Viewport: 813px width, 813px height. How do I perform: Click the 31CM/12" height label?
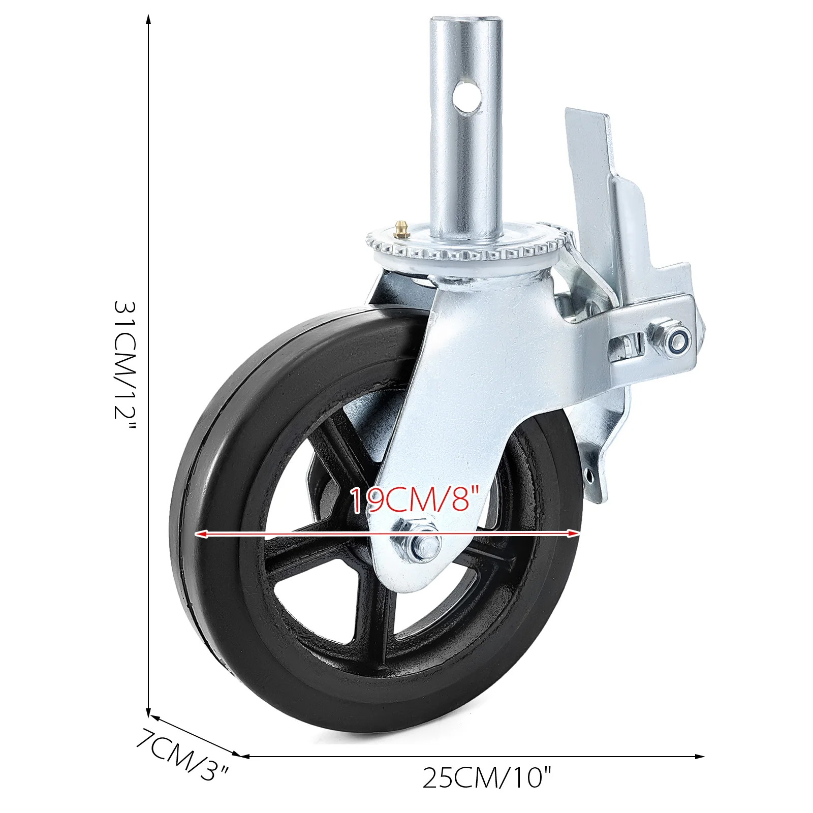(124, 366)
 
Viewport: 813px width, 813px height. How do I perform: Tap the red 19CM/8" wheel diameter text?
(415, 500)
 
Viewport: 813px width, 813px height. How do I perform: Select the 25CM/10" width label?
(486, 777)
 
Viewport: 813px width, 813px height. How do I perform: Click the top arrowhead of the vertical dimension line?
(148, 19)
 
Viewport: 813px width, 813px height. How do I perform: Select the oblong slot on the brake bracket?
(626, 348)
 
